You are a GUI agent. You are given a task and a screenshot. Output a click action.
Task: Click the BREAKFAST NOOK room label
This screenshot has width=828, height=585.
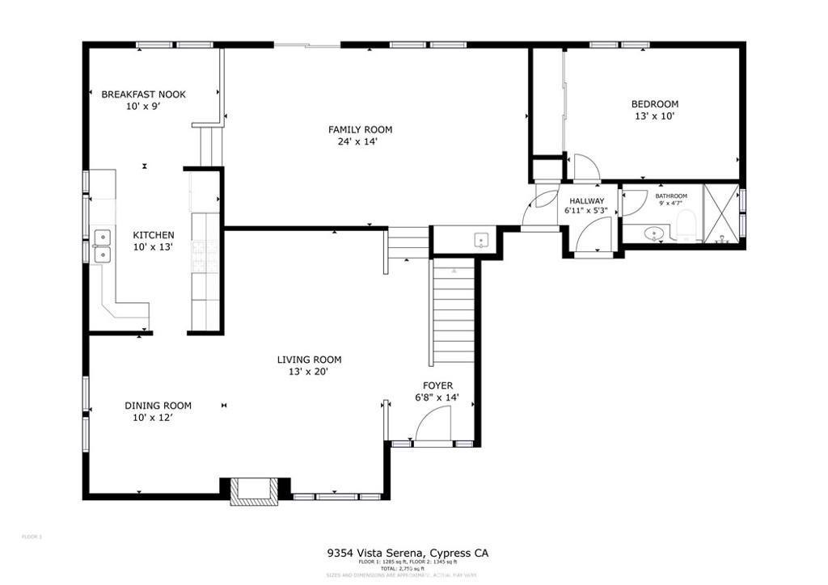[x=143, y=95]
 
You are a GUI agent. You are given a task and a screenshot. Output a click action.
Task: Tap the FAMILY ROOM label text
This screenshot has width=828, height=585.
[x=360, y=129]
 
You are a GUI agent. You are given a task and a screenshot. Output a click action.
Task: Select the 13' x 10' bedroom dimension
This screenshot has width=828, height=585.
[x=654, y=116]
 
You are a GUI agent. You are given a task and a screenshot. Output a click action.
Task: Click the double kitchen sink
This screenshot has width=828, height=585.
[x=103, y=246]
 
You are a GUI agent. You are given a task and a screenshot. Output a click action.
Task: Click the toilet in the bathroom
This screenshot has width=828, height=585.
[x=687, y=225]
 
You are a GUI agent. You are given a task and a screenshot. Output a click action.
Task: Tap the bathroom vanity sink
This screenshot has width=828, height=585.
[x=655, y=234]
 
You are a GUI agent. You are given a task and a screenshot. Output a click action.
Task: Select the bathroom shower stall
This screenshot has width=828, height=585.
[x=721, y=214]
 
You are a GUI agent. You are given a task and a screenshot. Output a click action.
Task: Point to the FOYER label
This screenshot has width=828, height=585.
[x=438, y=385]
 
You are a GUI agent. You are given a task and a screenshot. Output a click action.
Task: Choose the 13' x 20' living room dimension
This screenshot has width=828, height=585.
[x=309, y=372]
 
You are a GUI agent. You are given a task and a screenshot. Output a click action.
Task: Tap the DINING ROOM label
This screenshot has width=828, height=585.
[x=158, y=406]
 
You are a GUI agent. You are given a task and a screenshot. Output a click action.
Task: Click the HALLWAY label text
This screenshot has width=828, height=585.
[x=586, y=201]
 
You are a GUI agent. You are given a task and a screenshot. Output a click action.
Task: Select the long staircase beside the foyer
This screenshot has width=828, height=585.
[x=453, y=315]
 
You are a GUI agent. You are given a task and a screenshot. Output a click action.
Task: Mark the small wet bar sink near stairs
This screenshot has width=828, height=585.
[x=481, y=240]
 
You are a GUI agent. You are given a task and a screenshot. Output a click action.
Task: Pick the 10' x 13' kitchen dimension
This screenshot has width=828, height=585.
[x=153, y=247]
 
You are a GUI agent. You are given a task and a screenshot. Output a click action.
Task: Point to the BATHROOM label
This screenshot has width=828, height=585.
[x=670, y=196]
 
